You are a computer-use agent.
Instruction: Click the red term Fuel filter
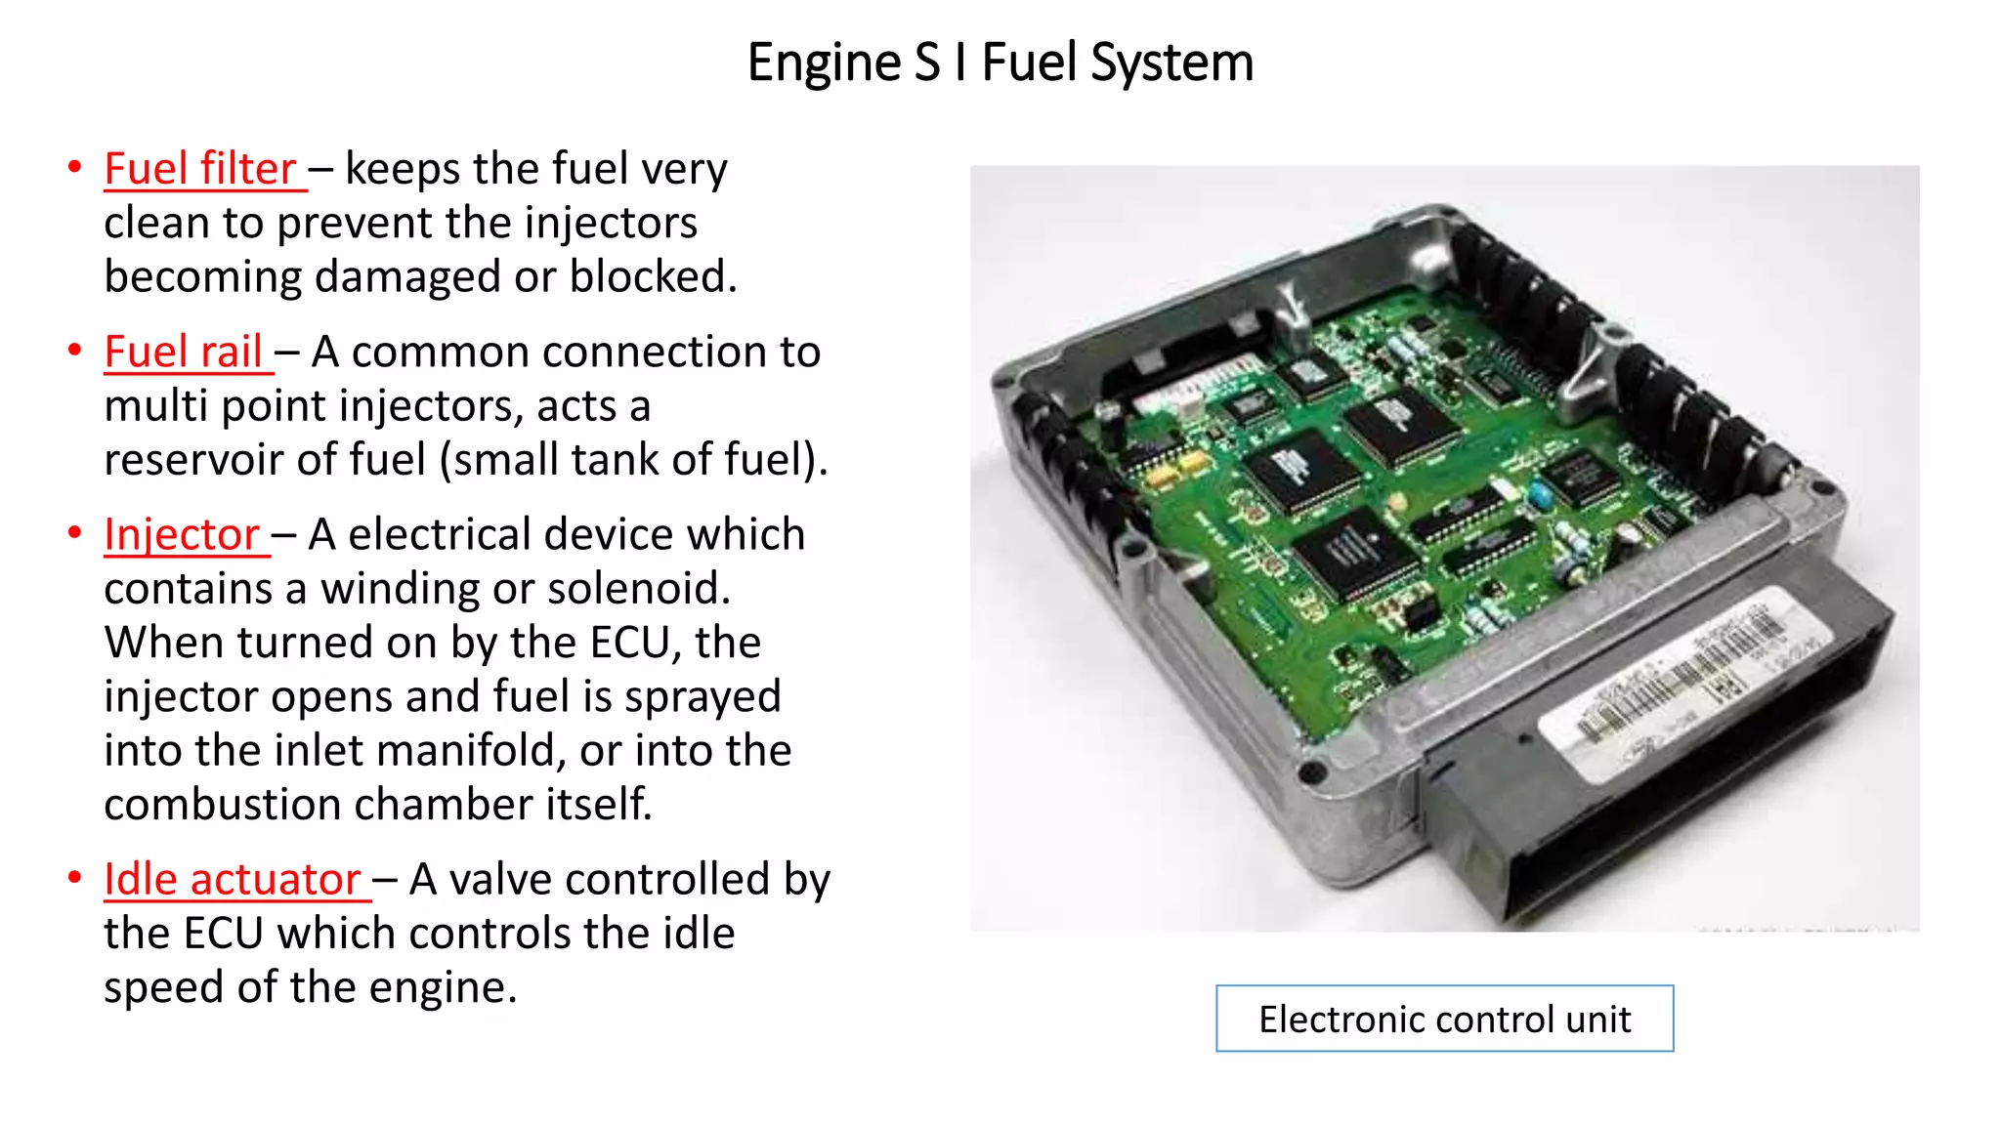tap(200, 169)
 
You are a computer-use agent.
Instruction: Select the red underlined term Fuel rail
tap(184, 352)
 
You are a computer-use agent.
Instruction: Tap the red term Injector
tap(182, 534)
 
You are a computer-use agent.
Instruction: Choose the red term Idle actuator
tap(233, 879)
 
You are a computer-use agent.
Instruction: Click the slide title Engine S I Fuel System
tap(1000, 62)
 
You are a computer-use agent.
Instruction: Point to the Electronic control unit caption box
tap(1444, 1019)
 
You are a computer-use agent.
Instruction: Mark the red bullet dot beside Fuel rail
tap(74, 350)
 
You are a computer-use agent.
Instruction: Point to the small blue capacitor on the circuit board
tap(1540, 495)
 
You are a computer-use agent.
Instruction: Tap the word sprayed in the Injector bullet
tap(702, 697)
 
